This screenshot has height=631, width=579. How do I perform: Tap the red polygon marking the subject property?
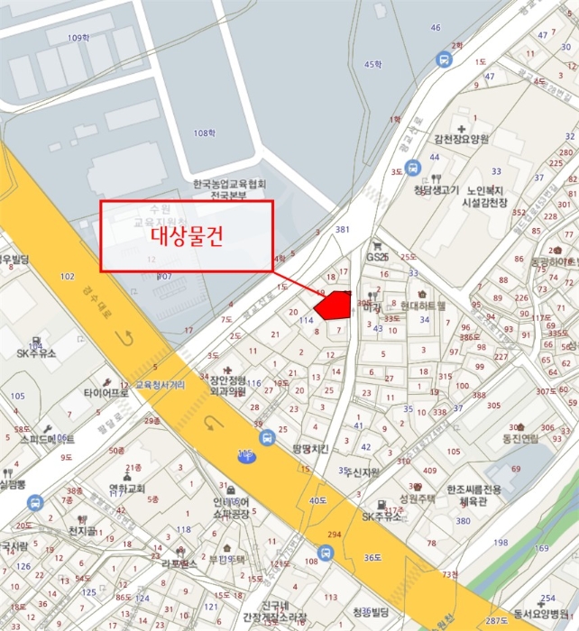click(333, 305)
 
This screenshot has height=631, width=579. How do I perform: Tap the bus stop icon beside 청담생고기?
click(412, 168)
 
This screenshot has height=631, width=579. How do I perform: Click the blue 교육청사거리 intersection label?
click(160, 384)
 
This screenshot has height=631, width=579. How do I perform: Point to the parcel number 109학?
click(78, 38)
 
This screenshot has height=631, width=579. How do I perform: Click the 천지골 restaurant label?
click(81, 531)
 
